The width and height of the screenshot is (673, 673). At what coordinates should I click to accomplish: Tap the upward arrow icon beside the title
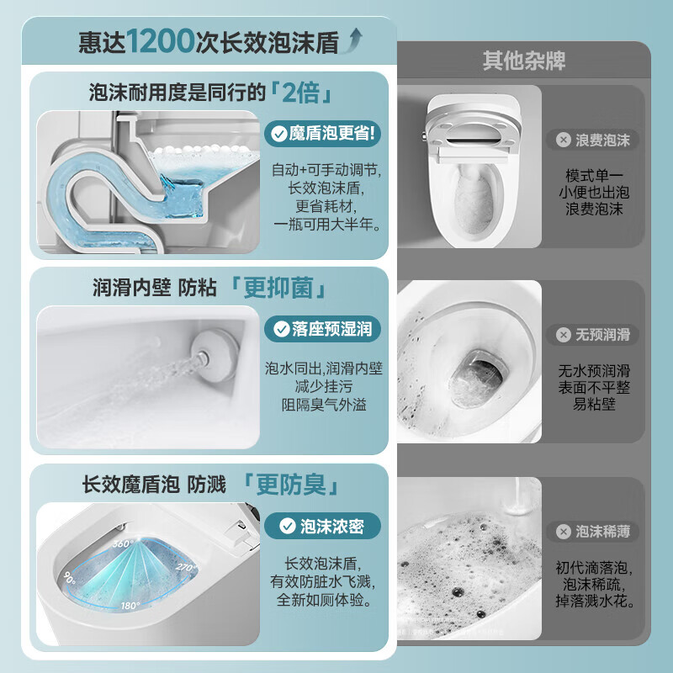357,37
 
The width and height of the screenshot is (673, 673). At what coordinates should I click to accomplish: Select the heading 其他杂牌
523,61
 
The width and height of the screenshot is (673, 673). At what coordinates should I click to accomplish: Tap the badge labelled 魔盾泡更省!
323,133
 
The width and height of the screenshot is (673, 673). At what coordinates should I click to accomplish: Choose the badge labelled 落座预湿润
323,329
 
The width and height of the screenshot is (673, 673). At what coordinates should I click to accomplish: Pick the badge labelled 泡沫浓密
323,527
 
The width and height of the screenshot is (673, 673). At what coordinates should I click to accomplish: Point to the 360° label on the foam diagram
124,543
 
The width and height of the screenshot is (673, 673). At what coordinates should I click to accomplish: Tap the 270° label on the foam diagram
187,568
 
